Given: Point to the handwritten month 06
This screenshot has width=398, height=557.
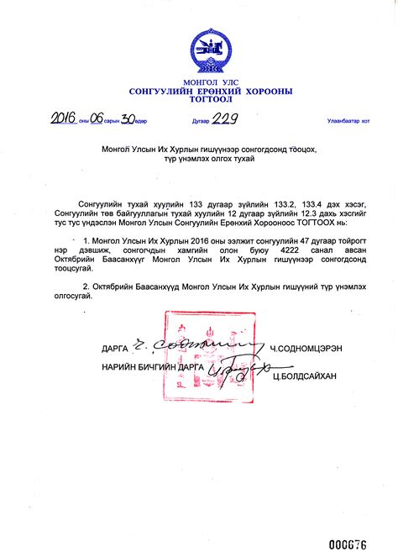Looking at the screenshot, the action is coord(97,118).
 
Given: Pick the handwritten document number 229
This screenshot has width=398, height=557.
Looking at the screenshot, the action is coord(224,118).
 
